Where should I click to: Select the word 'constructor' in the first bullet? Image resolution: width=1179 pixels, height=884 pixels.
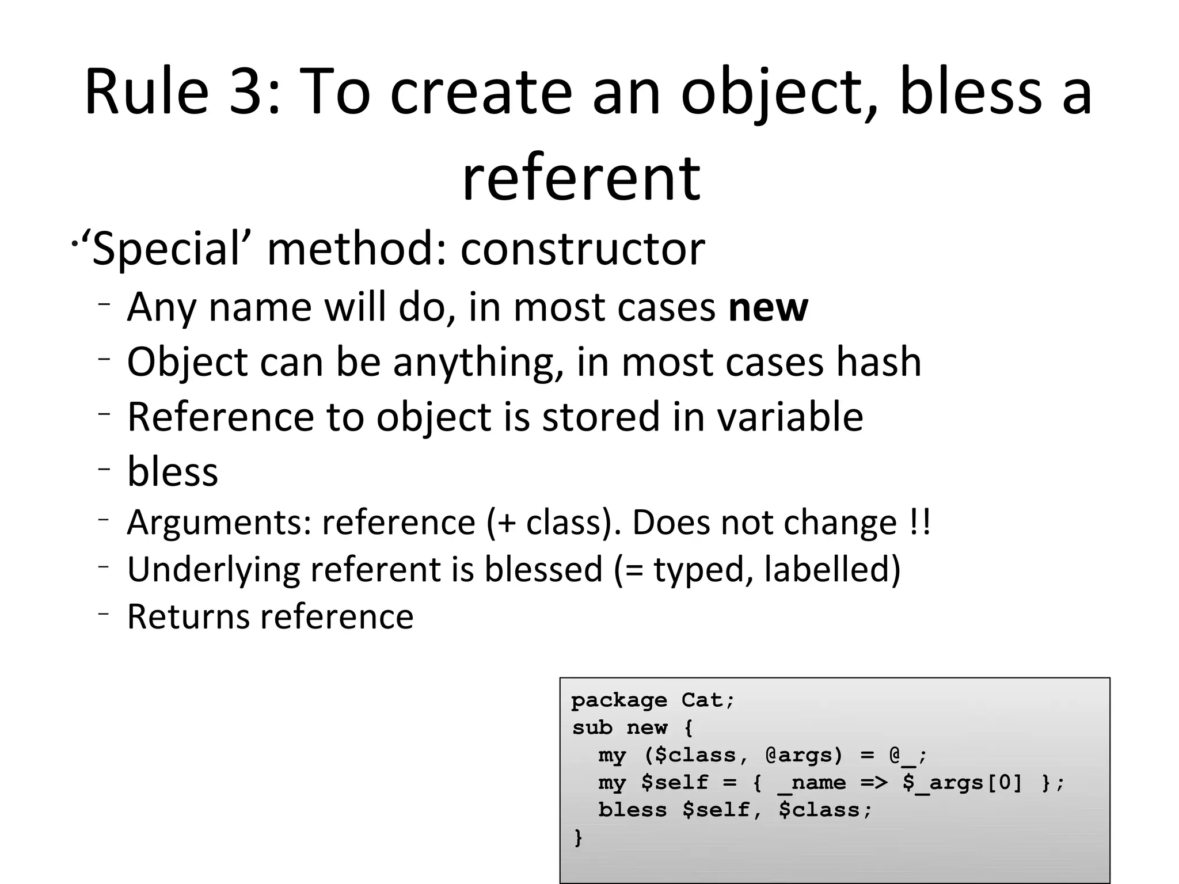(x=583, y=249)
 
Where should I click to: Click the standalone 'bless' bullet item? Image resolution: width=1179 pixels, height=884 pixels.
(x=173, y=471)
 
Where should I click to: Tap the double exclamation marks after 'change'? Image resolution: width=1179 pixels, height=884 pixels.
(x=921, y=522)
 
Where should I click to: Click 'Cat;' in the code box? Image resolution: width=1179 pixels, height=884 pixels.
(x=708, y=700)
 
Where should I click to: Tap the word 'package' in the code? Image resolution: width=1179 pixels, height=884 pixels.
(x=619, y=700)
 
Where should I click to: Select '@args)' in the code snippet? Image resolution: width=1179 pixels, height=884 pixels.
(x=804, y=755)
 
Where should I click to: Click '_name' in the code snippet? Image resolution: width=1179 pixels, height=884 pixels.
(x=812, y=783)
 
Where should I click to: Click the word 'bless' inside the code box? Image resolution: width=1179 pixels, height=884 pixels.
(x=632, y=810)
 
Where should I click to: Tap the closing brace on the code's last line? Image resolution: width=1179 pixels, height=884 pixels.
(x=578, y=837)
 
